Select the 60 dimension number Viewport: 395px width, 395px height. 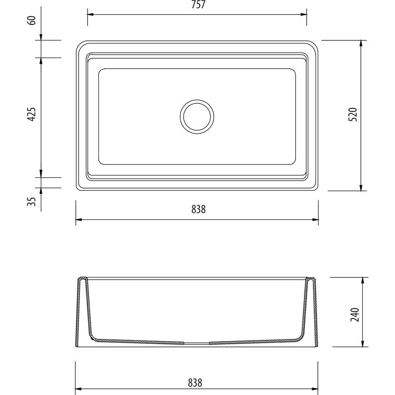tap(32, 20)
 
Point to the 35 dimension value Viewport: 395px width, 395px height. tap(32, 202)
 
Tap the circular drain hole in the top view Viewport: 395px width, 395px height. tap(197, 116)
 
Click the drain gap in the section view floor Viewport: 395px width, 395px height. tap(197, 343)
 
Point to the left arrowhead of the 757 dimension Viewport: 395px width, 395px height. tap(90, 14)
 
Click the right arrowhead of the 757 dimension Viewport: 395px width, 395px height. tap(304, 14)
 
